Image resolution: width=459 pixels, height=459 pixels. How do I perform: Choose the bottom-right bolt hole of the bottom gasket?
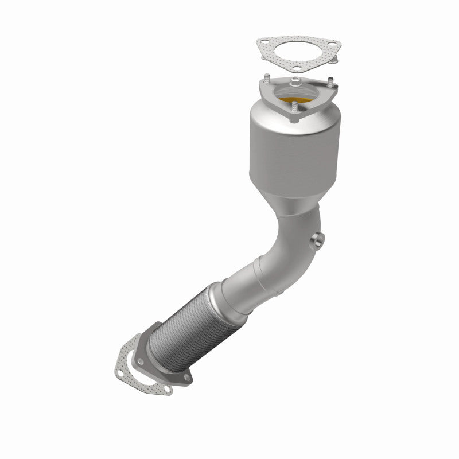[x=165, y=391]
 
